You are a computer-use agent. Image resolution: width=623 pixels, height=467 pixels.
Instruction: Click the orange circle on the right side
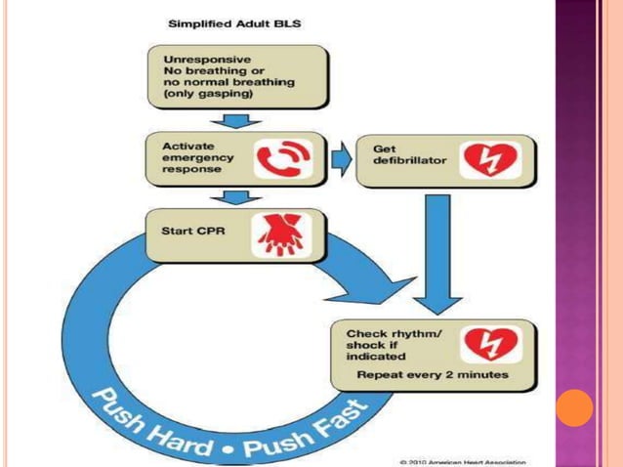point(575,407)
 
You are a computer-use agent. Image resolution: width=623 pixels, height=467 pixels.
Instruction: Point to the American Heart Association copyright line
point(463,460)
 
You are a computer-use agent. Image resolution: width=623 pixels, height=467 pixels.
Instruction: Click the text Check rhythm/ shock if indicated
point(388,344)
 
